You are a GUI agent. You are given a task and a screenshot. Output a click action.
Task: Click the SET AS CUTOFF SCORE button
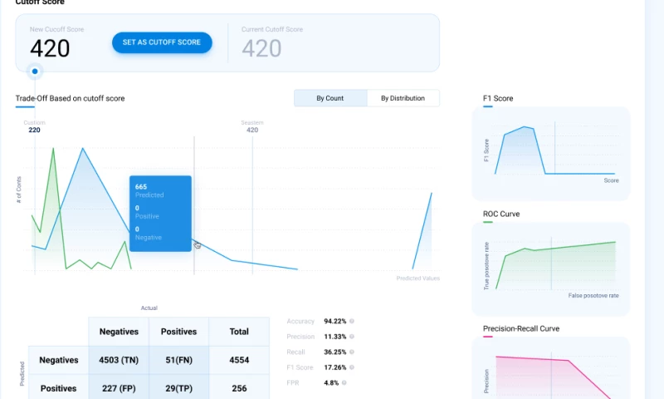162,42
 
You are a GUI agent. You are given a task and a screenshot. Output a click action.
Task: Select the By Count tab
330,98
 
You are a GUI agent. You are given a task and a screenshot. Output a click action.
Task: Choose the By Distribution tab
403,98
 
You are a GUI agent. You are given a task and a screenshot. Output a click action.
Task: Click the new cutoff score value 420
50,48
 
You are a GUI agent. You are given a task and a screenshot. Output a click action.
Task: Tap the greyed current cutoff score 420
261,48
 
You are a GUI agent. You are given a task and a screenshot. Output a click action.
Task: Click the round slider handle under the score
35,71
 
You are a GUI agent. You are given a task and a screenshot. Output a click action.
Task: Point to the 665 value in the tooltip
141,187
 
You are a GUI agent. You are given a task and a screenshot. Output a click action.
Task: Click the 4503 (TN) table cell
119,360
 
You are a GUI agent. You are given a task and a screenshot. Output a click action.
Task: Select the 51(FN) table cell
178,360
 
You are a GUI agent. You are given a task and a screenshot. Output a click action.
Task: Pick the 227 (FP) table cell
119,388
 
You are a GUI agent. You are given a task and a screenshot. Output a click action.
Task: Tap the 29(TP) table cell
178,388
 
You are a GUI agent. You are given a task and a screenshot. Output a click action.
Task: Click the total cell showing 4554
239,360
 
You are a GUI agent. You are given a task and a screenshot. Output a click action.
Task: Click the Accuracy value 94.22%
334,321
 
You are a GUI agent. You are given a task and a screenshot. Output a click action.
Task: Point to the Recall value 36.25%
334,352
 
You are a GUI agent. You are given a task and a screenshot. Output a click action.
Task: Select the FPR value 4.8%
330,382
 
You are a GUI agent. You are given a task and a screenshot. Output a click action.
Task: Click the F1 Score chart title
498,98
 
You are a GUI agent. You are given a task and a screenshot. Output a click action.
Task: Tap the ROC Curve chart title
501,214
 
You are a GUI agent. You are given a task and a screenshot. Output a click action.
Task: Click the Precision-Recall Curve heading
521,328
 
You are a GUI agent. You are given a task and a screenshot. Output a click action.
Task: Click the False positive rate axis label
593,296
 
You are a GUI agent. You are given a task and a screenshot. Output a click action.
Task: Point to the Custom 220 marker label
34,126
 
